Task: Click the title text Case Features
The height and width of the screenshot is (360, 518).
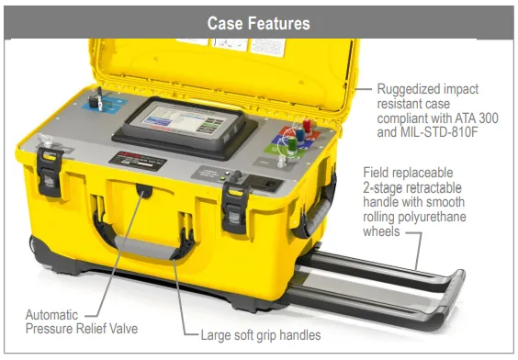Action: click(x=258, y=22)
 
